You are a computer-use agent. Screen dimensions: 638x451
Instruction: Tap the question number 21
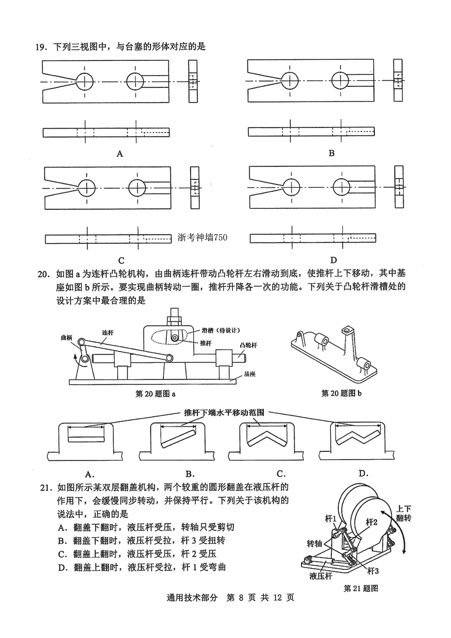(x=43, y=487)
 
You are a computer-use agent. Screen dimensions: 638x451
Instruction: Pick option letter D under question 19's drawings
(x=333, y=260)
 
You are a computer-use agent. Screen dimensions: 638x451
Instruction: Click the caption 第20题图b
(x=341, y=393)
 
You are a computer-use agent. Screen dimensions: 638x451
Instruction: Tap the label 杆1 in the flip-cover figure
(x=331, y=518)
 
